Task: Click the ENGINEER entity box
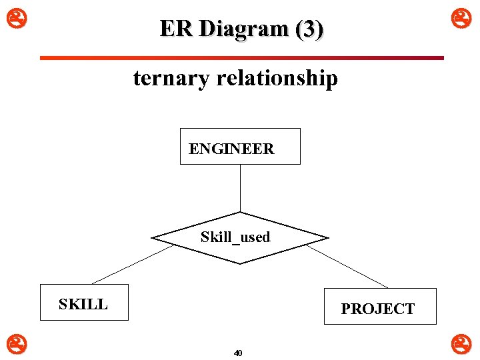[x=240, y=146]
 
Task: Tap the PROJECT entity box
[x=380, y=306]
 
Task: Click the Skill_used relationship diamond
[x=239, y=237]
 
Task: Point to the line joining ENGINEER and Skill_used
[x=240, y=187]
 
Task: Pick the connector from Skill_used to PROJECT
[x=347, y=266]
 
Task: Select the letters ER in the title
[x=176, y=29]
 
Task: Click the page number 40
[x=239, y=353]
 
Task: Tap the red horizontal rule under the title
[x=241, y=58]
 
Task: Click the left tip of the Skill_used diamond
[x=153, y=238]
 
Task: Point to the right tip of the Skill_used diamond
[x=327, y=238]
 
